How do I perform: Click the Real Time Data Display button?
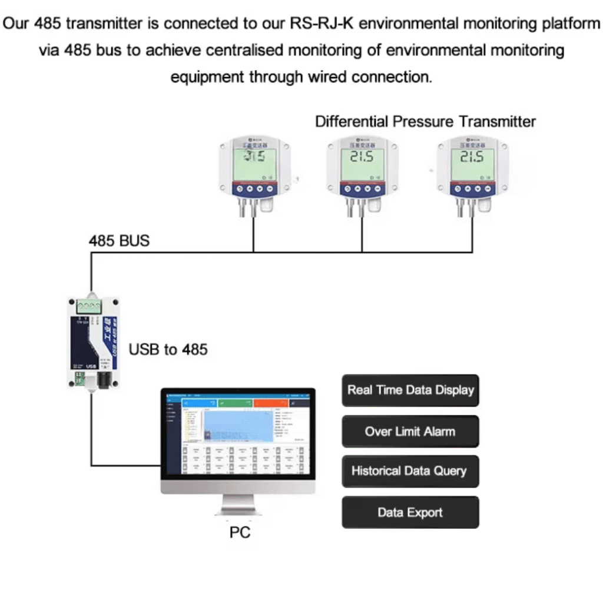[x=410, y=390]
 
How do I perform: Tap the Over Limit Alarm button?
[x=410, y=431]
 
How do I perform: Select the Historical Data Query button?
[x=410, y=471]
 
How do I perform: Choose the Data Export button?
[x=410, y=512]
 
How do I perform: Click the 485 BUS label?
[x=119, y=240]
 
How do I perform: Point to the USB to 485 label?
[x=168, y=349]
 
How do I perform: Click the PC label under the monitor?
[x=240, y=532]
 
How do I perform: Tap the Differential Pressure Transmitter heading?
[x=425, y=122]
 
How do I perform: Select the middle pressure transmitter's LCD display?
[x=362, y=164]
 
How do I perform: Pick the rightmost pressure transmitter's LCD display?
[x=471, y=164]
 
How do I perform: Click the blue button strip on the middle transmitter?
[x=362, y=189]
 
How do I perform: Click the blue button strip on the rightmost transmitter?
[x=471, y=189]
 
